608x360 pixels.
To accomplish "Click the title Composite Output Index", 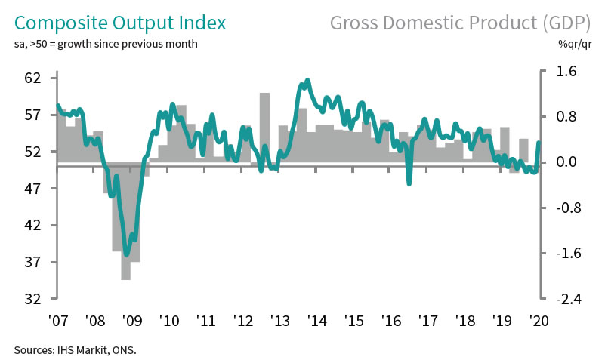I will coord(119,22).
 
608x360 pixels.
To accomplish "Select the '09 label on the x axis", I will coord(131,319).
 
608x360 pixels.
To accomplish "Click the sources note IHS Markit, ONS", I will coord(75,349).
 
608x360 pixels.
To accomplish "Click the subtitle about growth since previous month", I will coord(106,44).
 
